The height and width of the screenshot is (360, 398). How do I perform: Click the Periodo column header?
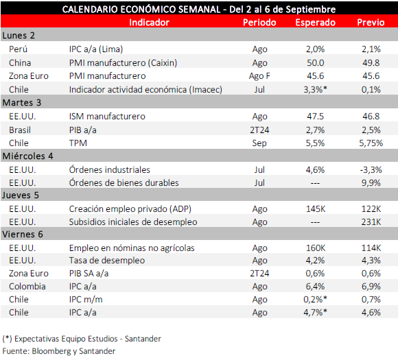(259, 23)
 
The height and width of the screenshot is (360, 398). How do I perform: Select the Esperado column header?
(315, 23)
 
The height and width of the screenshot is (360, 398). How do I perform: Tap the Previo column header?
(371, 23)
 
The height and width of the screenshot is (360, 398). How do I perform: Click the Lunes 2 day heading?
(19, 35)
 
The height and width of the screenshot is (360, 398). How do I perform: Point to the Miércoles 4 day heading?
(27, 156)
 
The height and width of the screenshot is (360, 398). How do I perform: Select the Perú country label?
(18, 49)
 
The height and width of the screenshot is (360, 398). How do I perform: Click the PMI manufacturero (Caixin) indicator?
(123, 62)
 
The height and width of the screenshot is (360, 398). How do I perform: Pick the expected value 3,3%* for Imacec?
(315, 89)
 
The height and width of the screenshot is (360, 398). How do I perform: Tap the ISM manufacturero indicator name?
(107, 116)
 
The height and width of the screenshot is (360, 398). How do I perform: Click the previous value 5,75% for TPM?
(371, 143)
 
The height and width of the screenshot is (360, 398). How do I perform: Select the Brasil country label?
(20, 130)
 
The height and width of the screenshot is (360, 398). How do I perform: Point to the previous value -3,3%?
(371, 170)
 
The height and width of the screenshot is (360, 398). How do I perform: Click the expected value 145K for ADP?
(316, 208)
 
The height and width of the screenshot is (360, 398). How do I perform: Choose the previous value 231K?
(371, 222)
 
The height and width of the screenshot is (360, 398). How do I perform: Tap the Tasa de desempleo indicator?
(107, 261)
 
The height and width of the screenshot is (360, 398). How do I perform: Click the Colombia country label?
(27, 287)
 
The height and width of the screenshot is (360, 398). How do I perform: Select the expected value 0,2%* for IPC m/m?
(315, 300)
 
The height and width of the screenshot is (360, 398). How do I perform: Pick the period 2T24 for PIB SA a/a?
(259, 273)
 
